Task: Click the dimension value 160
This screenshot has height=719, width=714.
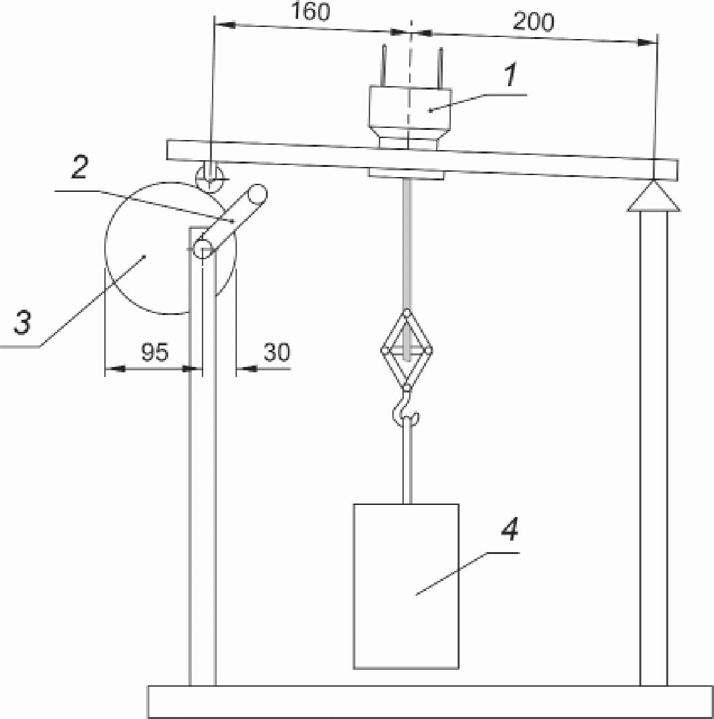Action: tap(310, 12)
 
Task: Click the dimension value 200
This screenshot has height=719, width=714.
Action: tap(534, 21)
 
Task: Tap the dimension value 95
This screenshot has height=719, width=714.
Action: tap(155, 351)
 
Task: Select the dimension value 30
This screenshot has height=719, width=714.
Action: tap(277, 351)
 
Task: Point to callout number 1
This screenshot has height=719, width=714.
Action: tap(511, 75)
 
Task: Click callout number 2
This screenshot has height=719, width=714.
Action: tap(79, 168)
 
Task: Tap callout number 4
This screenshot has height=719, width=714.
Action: tap(509, 529)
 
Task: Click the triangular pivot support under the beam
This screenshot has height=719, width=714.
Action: tap(653, 197)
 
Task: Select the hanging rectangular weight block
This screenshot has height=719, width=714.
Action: tap(406, 586)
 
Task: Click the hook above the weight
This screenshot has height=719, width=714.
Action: tap(405, 409)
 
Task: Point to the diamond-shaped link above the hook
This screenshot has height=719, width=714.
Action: tap(406, 350)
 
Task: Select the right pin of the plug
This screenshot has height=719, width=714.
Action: tap(440, 68)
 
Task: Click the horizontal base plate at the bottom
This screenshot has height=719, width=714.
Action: tap(430, 701)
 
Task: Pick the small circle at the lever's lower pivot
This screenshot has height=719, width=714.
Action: tap(202, 249)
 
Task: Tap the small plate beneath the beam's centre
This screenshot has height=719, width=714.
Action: tap(406, 173)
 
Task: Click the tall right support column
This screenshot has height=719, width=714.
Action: tap(653, 448)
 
